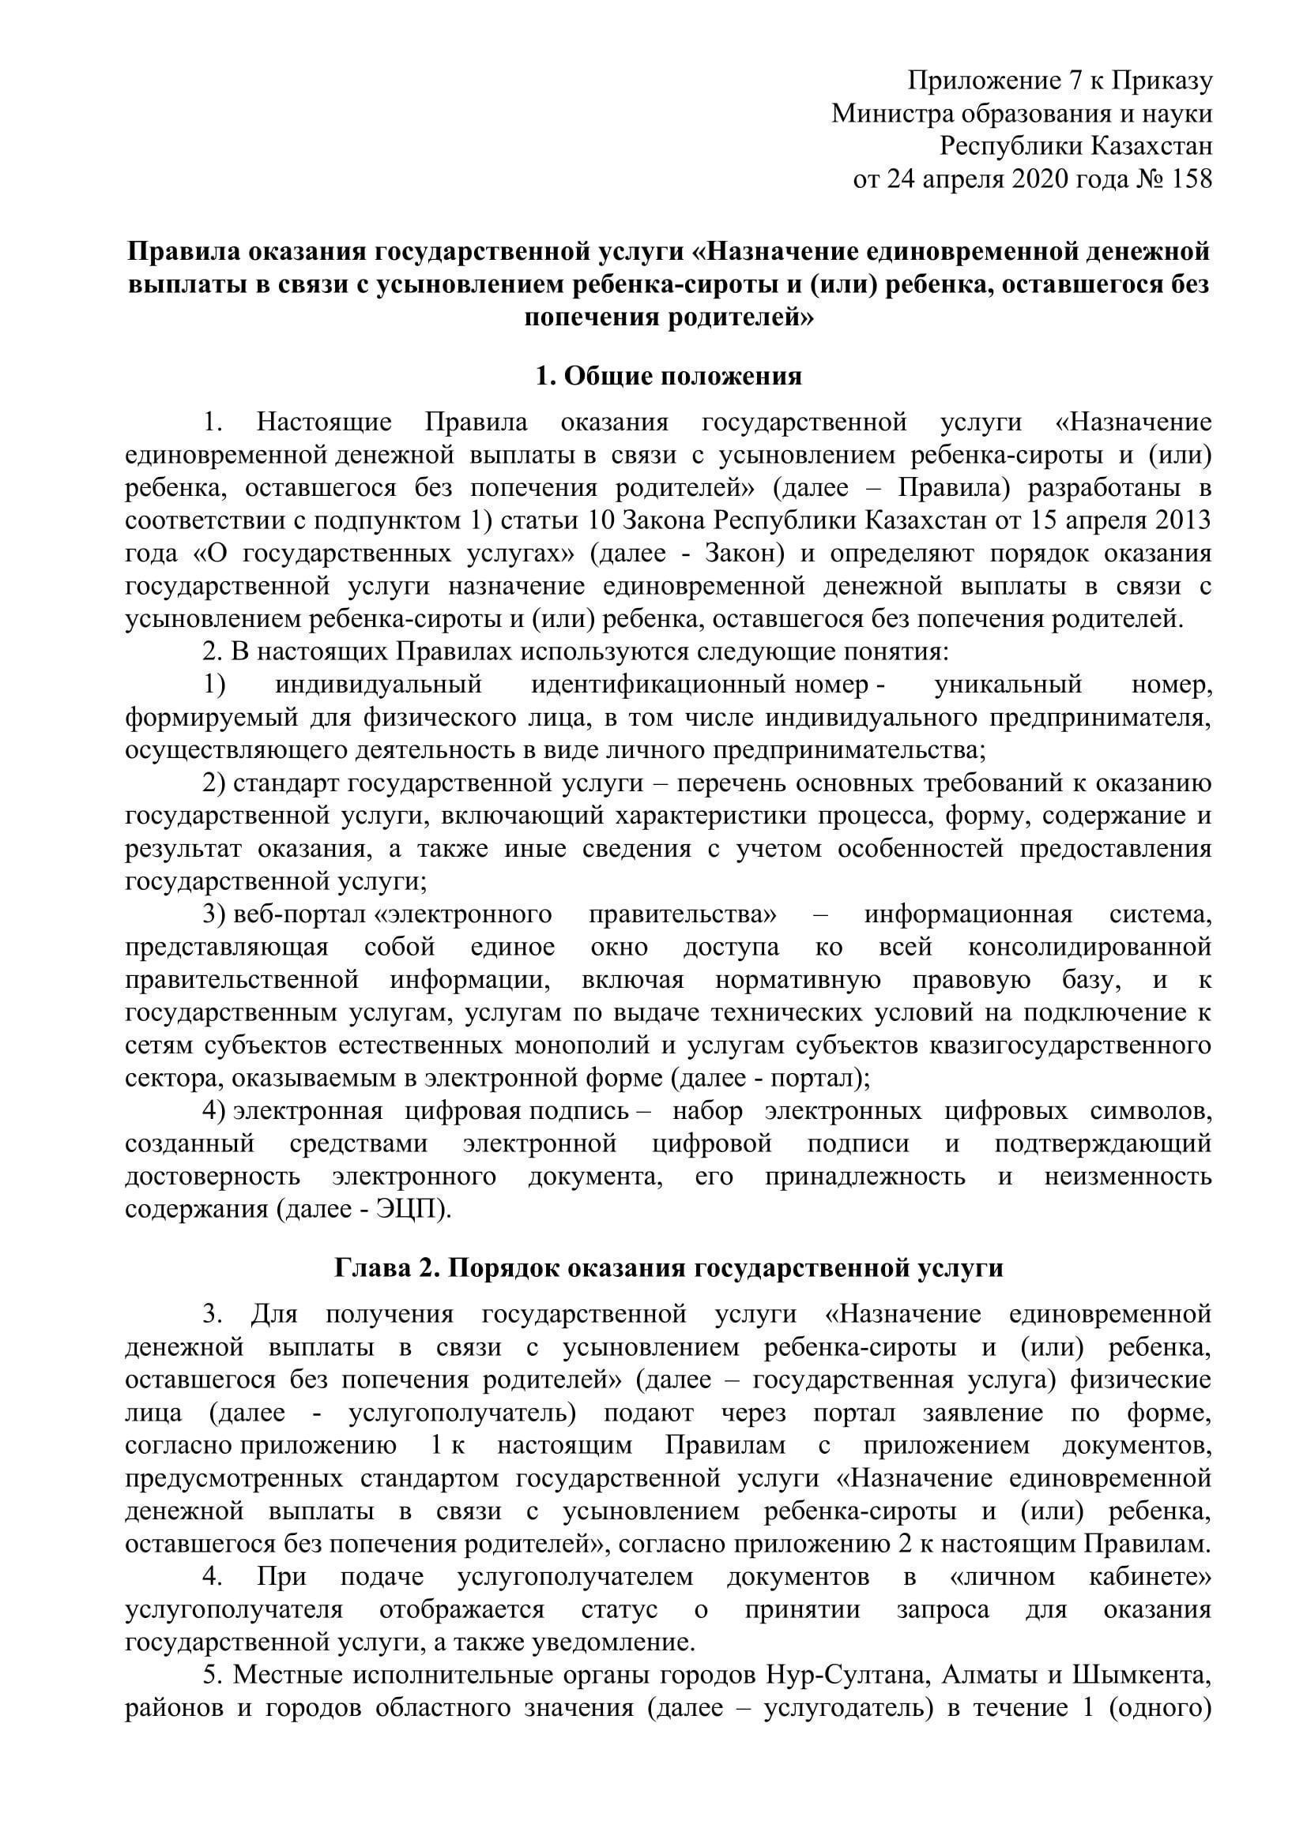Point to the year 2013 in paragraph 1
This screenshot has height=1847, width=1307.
pos(1182,520)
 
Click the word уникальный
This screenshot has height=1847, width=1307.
pos(1008,685)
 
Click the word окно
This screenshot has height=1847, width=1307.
pos(620,947)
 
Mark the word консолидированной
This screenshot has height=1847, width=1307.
pos(1090,947)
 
